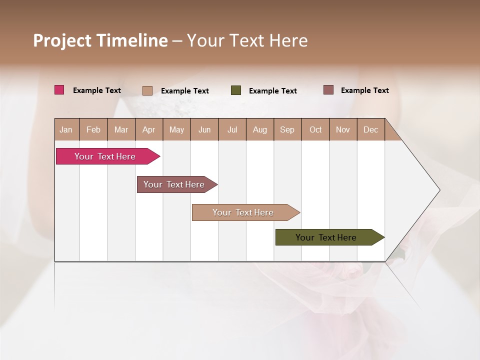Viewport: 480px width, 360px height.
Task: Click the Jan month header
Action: (66, 129)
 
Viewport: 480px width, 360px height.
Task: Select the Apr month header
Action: (148, 129)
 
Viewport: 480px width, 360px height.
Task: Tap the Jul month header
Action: (232, 129)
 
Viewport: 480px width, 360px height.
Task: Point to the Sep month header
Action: (287, 129)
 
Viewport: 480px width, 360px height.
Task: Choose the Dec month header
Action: (370, 129)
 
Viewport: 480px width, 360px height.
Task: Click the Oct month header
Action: (315, 129)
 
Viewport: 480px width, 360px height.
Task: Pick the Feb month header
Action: (93, 129)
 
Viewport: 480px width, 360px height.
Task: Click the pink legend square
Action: (59, 90)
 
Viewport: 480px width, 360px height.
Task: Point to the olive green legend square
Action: (236, 90)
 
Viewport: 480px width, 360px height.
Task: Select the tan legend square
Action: (147, 90)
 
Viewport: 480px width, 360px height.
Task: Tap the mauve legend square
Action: (328, 90)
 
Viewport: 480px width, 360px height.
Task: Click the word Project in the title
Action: (62, 40)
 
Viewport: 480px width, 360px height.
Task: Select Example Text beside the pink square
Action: (97, 90)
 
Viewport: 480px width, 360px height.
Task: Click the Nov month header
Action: (343, 129)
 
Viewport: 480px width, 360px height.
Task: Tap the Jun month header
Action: (204, 129)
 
